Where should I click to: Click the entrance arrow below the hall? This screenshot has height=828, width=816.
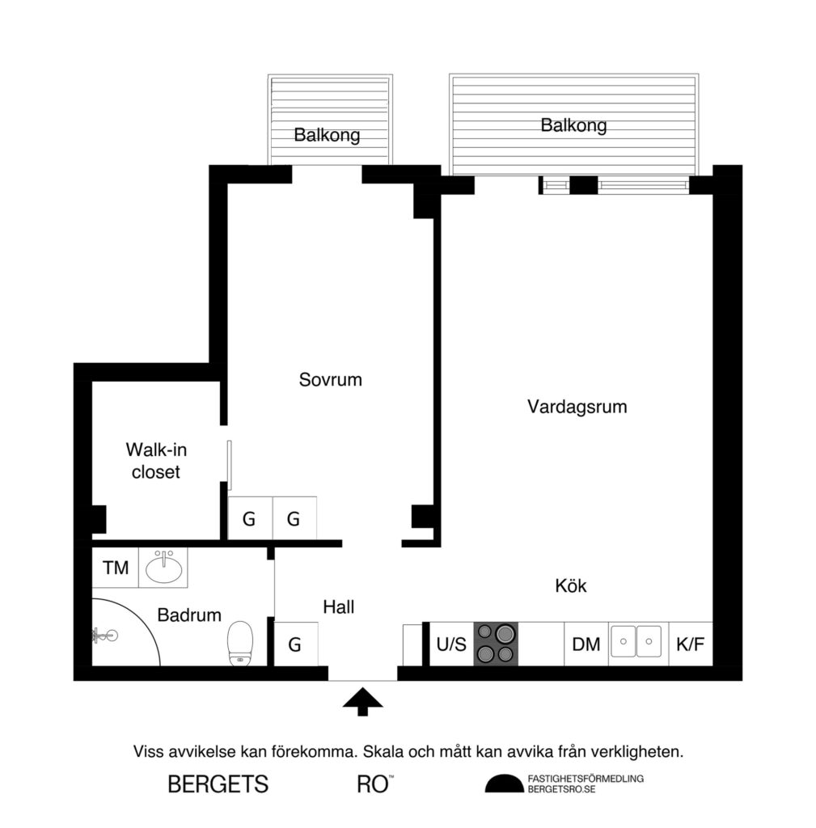[x=361, y=701]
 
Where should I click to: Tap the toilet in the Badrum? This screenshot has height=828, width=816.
[x=240, y=643]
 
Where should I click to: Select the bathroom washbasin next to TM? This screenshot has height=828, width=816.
[x=163, y=567]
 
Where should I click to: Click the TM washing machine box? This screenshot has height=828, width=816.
[x=116, y=568]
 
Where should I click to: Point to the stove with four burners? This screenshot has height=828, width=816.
[x=495, y=644]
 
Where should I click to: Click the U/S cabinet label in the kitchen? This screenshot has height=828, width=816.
[x=451, y=644]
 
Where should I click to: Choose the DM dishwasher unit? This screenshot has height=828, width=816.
[x=586, y=644]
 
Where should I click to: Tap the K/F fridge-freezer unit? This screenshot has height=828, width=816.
[x=690, y=644]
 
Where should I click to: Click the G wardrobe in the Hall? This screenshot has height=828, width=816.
[x=295, y=644]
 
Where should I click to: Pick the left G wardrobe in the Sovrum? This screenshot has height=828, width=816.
[x=249, y=519]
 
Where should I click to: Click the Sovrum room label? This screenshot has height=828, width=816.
[x=330, y=379]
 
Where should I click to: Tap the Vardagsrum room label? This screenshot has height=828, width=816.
[x=577, y=406]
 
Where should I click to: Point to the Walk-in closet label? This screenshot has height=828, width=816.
[x=156, y=460]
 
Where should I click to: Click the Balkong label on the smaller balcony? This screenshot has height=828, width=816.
[x=327, y=135]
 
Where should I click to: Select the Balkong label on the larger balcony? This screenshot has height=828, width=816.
[x=573, y=125]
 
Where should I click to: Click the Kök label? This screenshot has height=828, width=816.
[x=571, y=586]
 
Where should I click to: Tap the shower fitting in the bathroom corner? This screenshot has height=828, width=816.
[x=101, y=636]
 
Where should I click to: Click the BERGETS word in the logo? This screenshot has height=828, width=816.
[x=218, y=784]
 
